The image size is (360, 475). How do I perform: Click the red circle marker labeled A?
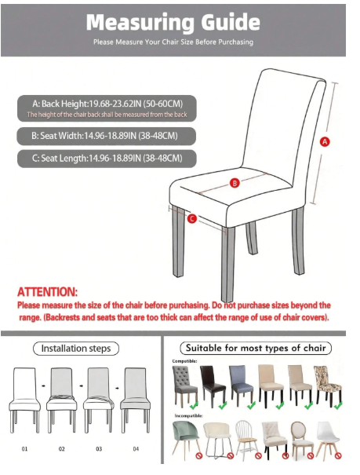(325, 141)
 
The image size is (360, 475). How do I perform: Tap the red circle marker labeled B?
(235, 183)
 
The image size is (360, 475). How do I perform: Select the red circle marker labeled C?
(192, 218)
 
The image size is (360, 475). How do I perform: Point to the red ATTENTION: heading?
(47, 292)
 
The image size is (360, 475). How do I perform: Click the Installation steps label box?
(76, 349)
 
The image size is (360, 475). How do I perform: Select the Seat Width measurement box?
(106, 136)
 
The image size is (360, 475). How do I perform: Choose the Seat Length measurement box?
(107, 158)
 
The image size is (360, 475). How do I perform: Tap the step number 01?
(24, 448)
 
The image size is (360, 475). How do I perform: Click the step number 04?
(136, 448)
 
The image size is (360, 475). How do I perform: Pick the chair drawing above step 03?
(98, 400)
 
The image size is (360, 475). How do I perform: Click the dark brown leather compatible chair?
(213, 385)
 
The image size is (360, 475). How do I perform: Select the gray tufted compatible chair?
(184, 385)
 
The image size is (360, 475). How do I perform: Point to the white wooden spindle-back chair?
(246, 437)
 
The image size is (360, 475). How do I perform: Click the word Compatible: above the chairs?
(184, 361)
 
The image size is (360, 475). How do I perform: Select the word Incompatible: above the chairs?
(188, 415)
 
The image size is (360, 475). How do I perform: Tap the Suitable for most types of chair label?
(256, 348)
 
